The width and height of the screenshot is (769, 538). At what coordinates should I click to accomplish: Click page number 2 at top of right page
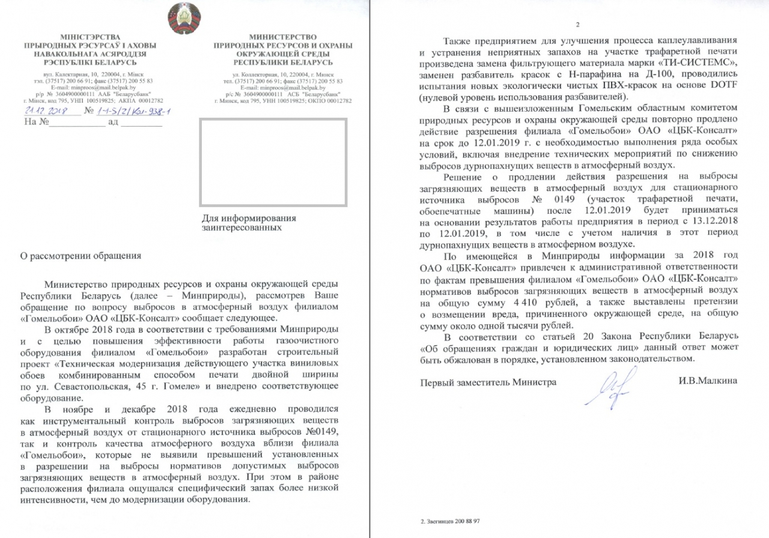[577, 24]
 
